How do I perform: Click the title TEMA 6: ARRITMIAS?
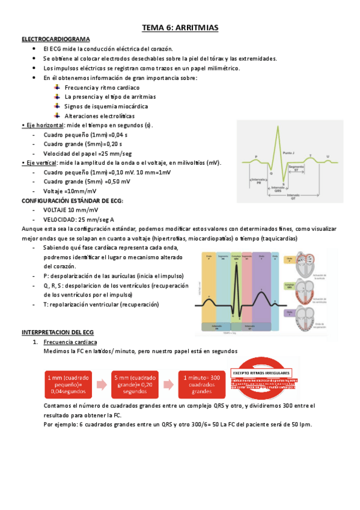tap(180, 28)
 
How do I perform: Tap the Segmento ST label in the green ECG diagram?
tap(296, 168)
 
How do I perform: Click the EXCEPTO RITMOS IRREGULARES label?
tap(261, 372)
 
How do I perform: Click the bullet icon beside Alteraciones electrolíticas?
tap(56, 115)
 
